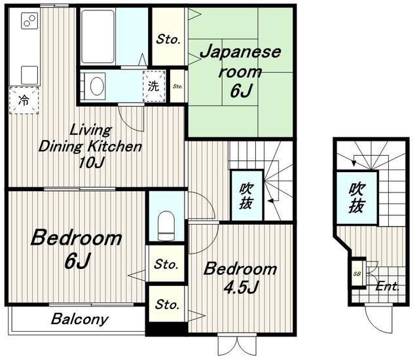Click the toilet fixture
166,225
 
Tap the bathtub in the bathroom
98,37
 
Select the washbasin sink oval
96,86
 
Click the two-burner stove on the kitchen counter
29,21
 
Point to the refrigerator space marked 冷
24,101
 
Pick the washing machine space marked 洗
154,86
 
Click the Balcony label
80,319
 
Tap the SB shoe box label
357,274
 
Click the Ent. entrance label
387,287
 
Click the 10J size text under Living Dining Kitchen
91,162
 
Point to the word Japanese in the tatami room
240,52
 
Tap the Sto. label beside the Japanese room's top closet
168,39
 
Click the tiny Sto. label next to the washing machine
177,86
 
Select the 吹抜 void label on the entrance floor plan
356,198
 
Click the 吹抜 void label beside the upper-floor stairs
246,196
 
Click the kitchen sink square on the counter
29,75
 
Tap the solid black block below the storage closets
167,329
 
